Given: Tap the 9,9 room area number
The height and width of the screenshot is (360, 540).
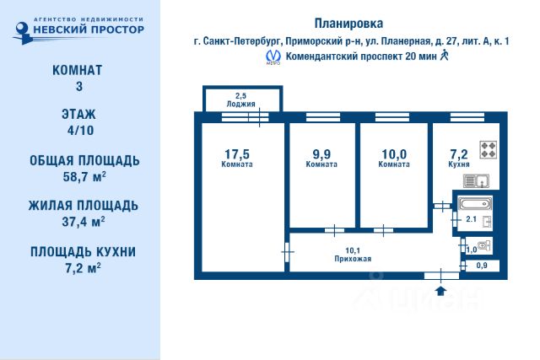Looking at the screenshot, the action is coord(321,153).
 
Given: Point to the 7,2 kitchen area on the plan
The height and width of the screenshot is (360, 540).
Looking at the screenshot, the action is coord(458,153).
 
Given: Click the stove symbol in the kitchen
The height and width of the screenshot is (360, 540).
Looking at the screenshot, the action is coord(489,150).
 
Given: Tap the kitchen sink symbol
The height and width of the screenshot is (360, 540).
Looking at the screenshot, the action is coord(480,180).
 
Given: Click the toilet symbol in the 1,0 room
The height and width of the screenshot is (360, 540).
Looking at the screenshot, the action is coord(481,246).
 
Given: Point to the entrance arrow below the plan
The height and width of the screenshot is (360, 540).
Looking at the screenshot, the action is coord(440,291).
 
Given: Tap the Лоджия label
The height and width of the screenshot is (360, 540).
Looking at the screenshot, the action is coord(240,105).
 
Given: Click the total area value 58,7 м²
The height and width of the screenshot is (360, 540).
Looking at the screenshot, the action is coord(79,177).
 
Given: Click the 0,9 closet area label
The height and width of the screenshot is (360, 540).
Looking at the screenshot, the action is coord(482,266).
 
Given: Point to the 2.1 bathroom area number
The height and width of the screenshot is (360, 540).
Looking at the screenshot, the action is coord(471,220).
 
